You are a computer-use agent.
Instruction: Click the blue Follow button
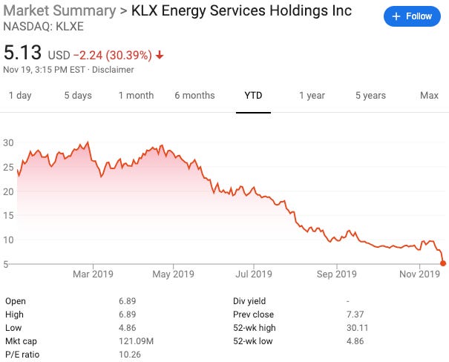point(412,16)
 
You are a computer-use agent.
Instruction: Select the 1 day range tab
point(20,95)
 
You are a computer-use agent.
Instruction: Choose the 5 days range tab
point(78,95)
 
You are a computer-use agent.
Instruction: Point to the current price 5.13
point(23,53)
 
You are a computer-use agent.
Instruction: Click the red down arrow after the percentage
point(160,55)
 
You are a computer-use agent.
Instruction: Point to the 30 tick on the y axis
point(9,142)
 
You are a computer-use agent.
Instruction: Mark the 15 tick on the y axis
point(9,215)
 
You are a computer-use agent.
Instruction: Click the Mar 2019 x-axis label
point(93,274)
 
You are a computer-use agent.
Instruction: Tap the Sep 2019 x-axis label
point(336,274)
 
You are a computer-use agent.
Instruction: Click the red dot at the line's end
point(443,263)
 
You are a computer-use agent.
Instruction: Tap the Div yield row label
point(249,301)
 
